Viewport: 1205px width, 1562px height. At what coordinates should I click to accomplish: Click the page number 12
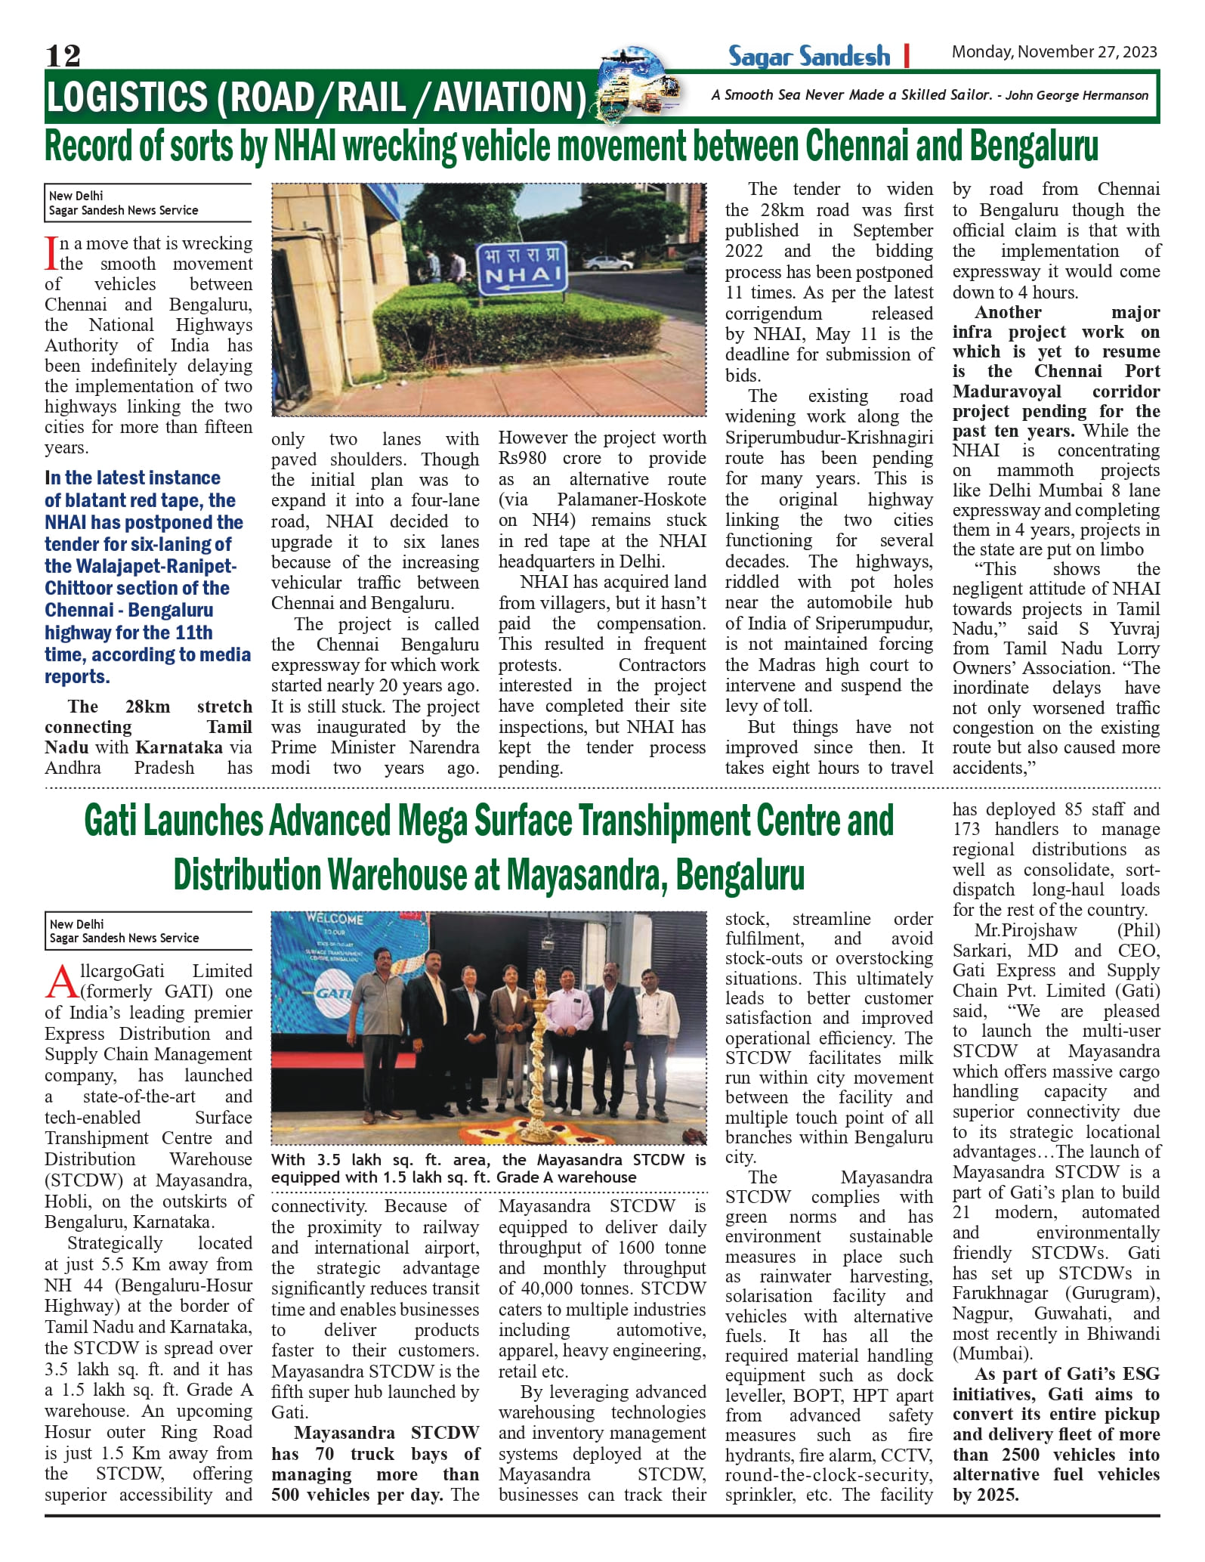(x=63, y=55)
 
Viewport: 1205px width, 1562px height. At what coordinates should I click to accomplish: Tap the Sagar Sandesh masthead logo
(x=809, y=56)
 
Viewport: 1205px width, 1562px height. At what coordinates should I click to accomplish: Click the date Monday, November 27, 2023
(x=1054, y=52)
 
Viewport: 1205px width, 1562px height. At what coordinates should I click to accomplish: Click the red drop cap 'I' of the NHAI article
(x=51, y=253)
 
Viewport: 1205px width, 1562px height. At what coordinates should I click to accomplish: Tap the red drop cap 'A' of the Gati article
(x=60, y=982)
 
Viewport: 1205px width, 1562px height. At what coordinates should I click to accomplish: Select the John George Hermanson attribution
(x=1076, y=95)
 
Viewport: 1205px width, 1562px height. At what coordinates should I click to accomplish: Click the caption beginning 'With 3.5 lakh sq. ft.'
(x=488, y=1168)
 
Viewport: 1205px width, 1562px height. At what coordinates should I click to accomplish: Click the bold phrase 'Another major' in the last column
(x=1055, y=313)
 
